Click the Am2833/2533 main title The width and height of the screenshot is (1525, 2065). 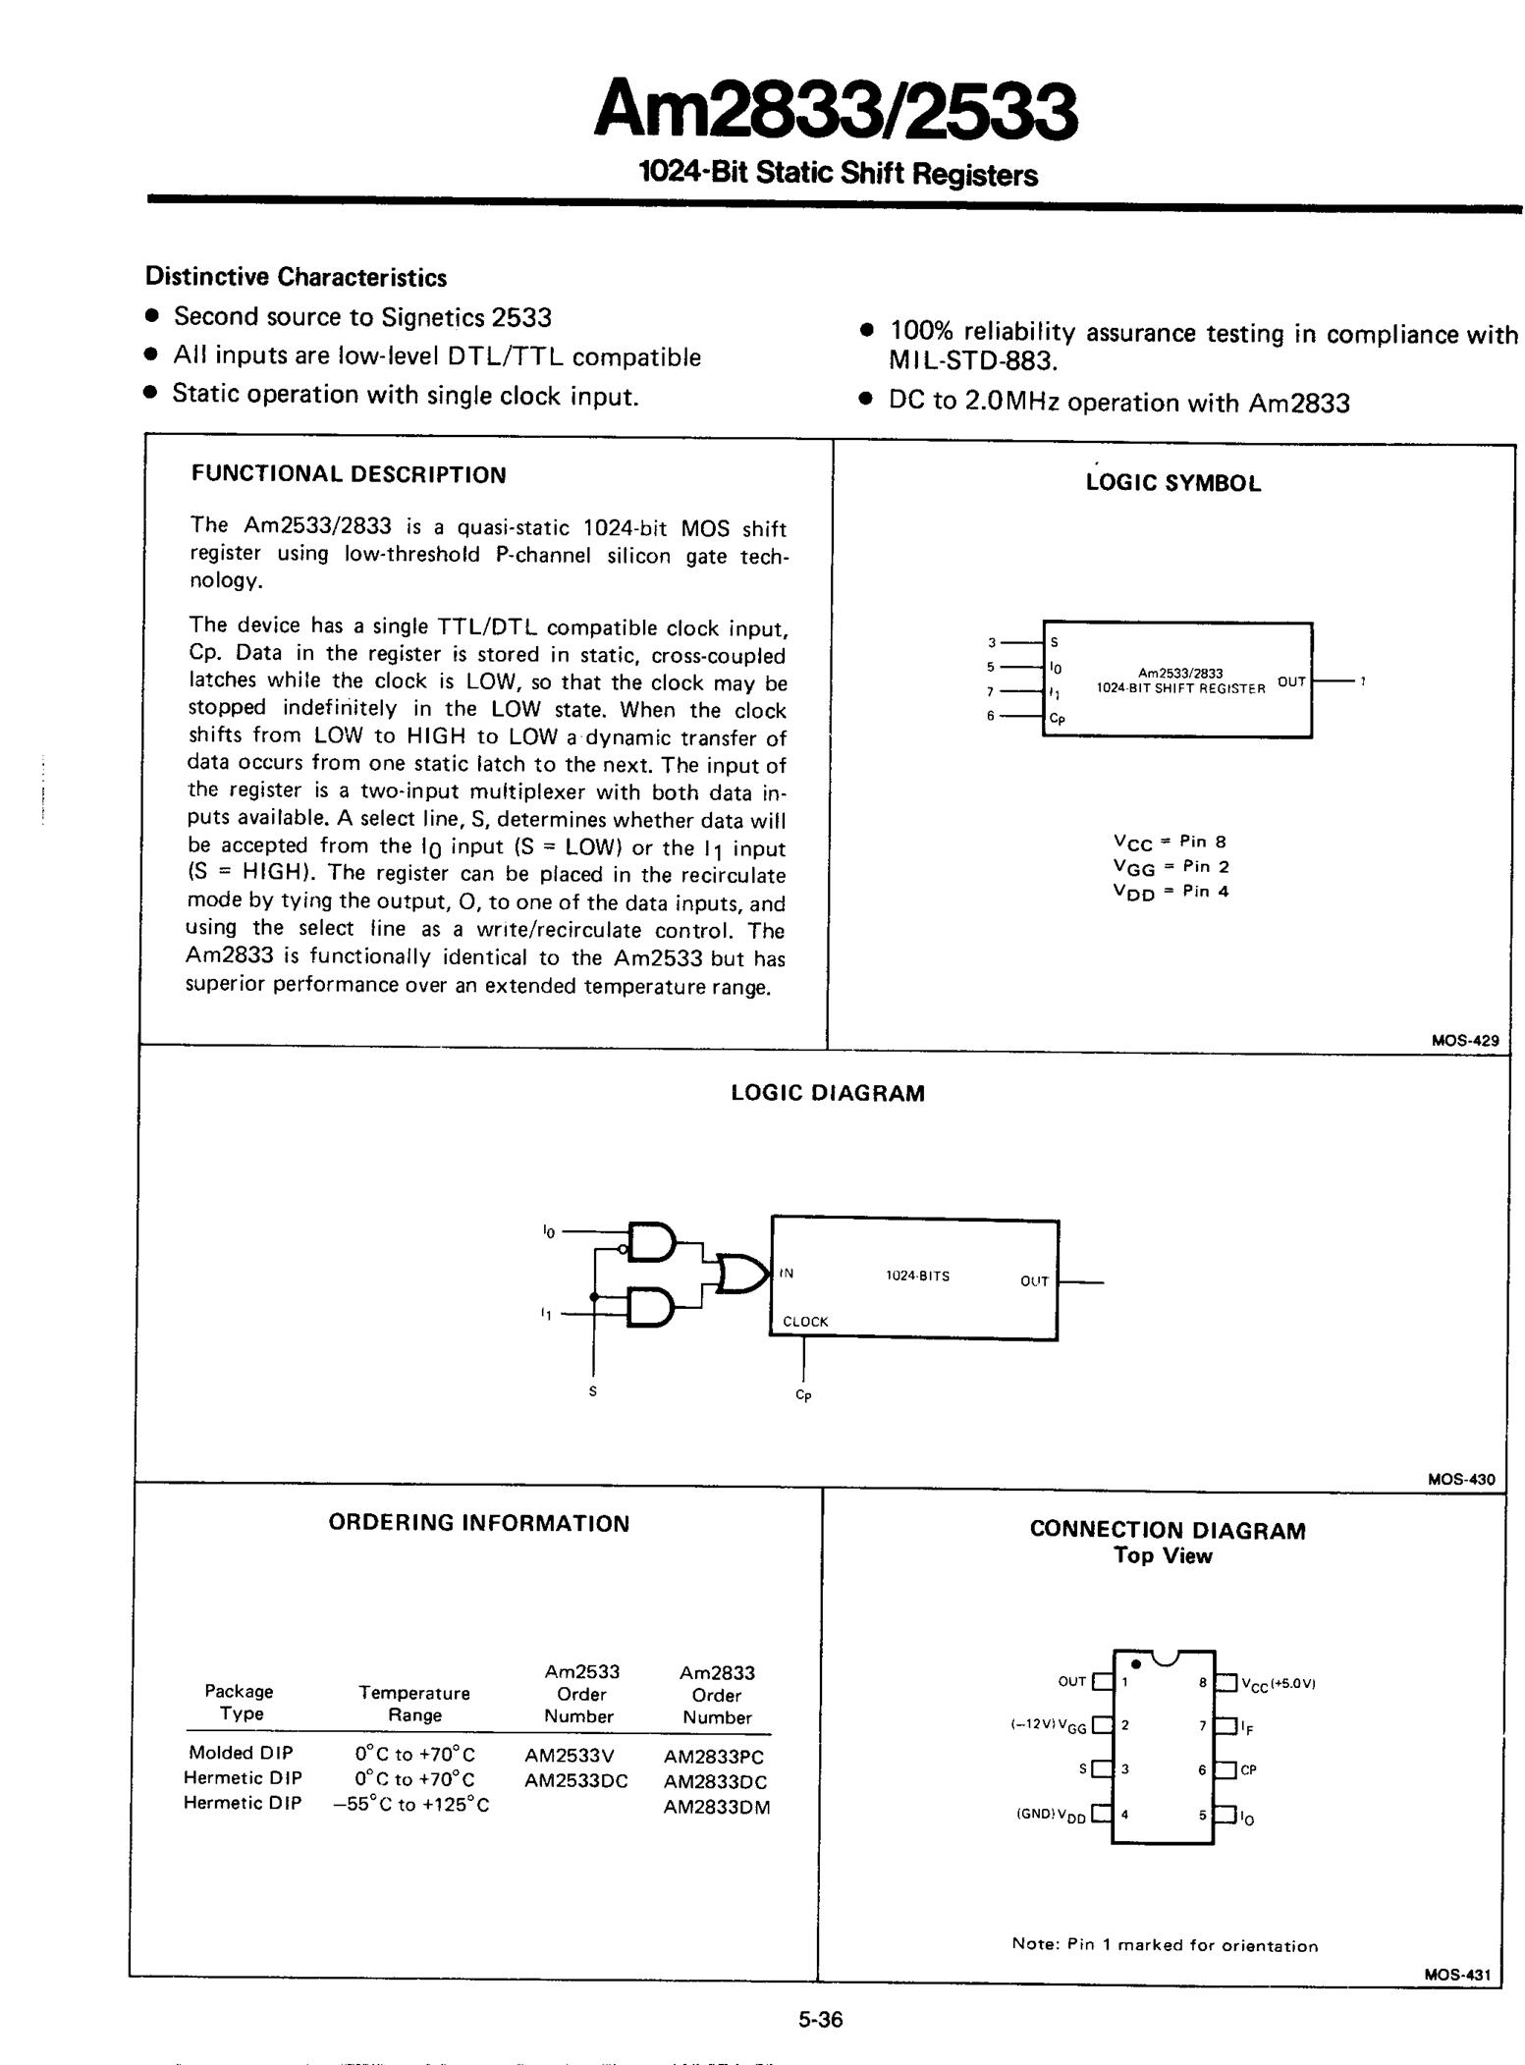pos(836,110)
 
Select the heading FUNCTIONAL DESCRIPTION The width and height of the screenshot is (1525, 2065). pos(349,475)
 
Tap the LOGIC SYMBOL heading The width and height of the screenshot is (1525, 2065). pos(1173,483)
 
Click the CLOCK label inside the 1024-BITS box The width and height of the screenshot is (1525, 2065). pos(805,1322)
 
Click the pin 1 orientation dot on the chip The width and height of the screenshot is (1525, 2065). pos(1135,1663)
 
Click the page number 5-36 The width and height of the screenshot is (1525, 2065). pos(820,2020)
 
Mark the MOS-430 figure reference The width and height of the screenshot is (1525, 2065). pos(1462,1480)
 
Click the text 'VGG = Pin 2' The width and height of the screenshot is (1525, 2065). pos(1171,866)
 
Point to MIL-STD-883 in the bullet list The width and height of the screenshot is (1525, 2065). pos(972,361)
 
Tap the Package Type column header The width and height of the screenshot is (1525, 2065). pos(240,1702)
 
